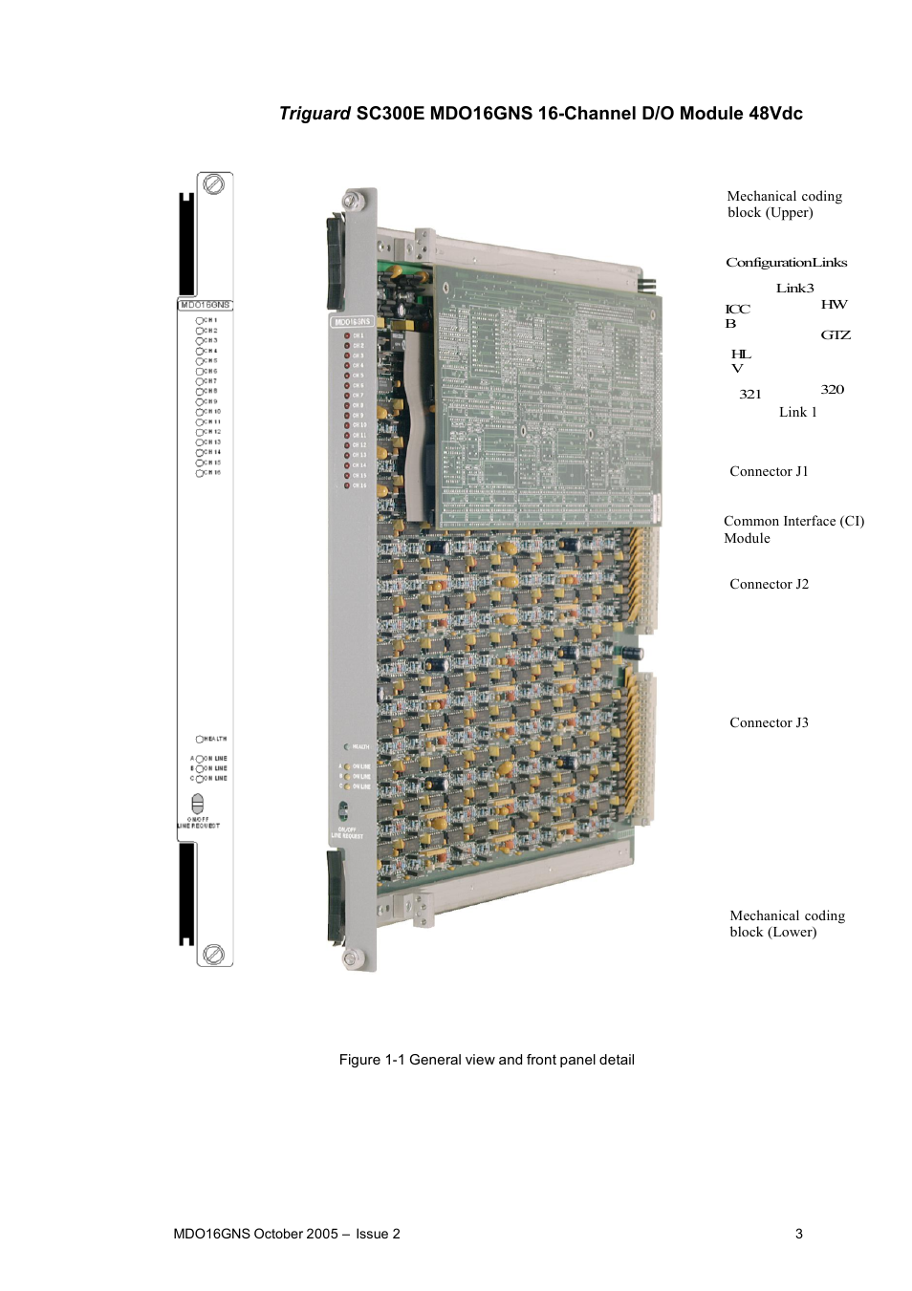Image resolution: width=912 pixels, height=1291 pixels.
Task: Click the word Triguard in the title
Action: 315,114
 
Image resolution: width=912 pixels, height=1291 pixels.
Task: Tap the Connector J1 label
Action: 769,471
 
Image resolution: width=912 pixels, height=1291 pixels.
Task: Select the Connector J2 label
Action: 769,584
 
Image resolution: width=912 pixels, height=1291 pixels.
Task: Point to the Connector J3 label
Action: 769,722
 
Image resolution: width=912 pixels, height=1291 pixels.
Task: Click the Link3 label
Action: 794,288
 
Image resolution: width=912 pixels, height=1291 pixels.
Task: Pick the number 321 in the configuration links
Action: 750,394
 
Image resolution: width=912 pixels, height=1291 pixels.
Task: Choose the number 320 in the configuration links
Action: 832,389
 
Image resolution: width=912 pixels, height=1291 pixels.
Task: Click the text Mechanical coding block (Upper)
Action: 784,204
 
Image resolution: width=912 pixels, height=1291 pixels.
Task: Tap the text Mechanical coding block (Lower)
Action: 787,924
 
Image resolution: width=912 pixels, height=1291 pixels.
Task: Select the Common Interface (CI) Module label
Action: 793,529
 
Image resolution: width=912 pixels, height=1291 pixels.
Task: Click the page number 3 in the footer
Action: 799,1234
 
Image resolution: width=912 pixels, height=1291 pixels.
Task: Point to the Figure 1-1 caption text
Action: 487,1060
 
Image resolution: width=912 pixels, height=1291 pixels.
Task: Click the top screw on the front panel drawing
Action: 214,183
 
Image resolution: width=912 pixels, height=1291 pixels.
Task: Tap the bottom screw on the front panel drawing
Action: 214,954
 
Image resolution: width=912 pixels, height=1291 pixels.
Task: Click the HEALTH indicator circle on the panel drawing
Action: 200,739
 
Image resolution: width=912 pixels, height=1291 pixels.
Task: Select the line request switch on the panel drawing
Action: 198,803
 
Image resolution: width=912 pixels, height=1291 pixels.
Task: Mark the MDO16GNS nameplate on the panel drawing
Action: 205,305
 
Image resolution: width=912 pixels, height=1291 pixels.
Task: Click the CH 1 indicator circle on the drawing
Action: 200,321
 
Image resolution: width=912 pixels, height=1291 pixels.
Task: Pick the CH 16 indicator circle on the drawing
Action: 200,473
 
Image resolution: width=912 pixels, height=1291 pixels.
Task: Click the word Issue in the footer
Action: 372,1234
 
